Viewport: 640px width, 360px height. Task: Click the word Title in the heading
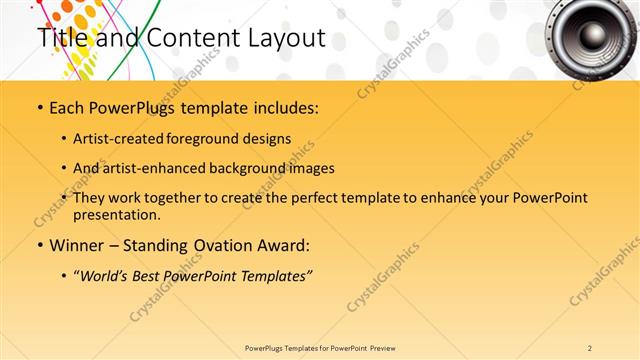(x=59, y=39)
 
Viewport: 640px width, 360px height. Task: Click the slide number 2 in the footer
(x=590, y=347)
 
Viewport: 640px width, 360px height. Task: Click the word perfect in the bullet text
(x=290, y=197)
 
